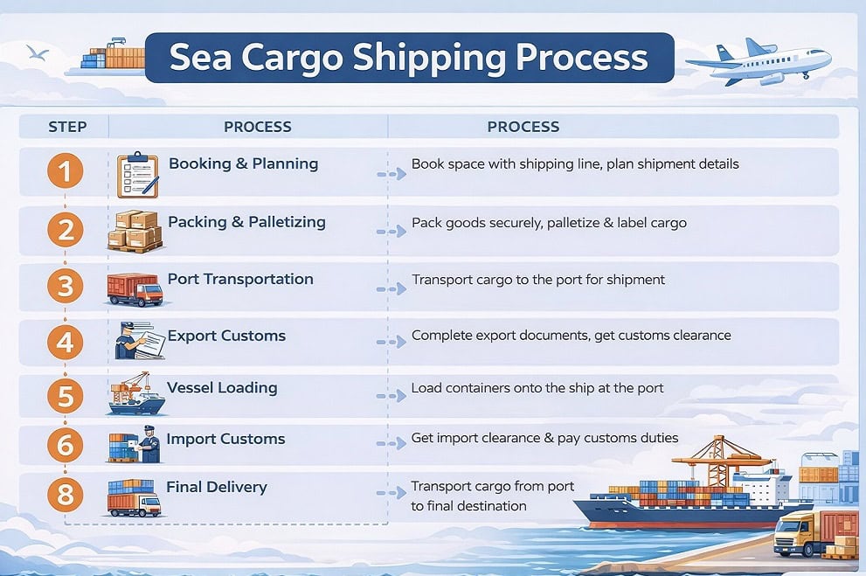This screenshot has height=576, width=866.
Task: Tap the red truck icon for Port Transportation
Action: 135,289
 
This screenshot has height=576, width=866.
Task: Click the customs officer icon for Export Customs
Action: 137,340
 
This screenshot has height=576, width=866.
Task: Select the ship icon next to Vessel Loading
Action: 135,396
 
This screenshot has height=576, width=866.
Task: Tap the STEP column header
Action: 67,127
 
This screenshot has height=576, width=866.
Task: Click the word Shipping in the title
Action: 431,58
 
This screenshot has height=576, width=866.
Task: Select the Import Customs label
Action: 225,439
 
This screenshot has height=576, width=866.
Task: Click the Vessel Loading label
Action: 222,387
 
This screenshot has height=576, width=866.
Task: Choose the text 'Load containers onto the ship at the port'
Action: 537,388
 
